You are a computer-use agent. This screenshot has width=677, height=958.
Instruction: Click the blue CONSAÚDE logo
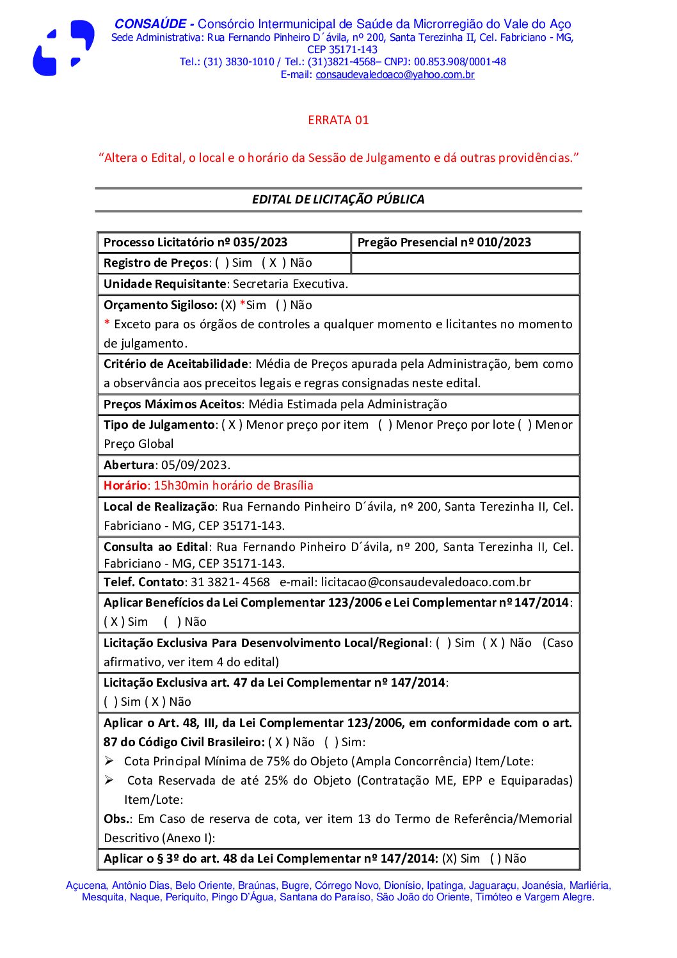coord(63,48)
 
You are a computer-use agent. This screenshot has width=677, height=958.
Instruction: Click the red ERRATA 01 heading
coord(338,120)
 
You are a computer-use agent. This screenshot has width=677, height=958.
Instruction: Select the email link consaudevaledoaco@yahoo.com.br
coord(395,75)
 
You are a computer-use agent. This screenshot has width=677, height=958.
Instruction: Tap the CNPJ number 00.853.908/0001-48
coord(459,62)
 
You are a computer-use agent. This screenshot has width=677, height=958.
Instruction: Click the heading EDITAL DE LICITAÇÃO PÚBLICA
coord(338,199)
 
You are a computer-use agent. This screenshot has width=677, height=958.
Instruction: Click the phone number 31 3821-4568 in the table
coord(230,582)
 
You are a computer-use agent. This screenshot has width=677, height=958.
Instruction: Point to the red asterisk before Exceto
coord(107,324)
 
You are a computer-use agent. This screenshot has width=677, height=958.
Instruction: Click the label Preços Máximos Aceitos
coord(172,404)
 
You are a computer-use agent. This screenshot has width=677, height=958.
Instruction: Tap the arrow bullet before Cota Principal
coord(109,761)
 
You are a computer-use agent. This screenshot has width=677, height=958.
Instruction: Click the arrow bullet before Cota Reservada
coord(109,780)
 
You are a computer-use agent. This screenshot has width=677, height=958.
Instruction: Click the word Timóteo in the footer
coord(494,897)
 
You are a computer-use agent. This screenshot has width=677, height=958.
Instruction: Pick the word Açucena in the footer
coord(86,886)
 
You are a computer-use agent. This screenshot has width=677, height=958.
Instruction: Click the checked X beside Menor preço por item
coord(232,425)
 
